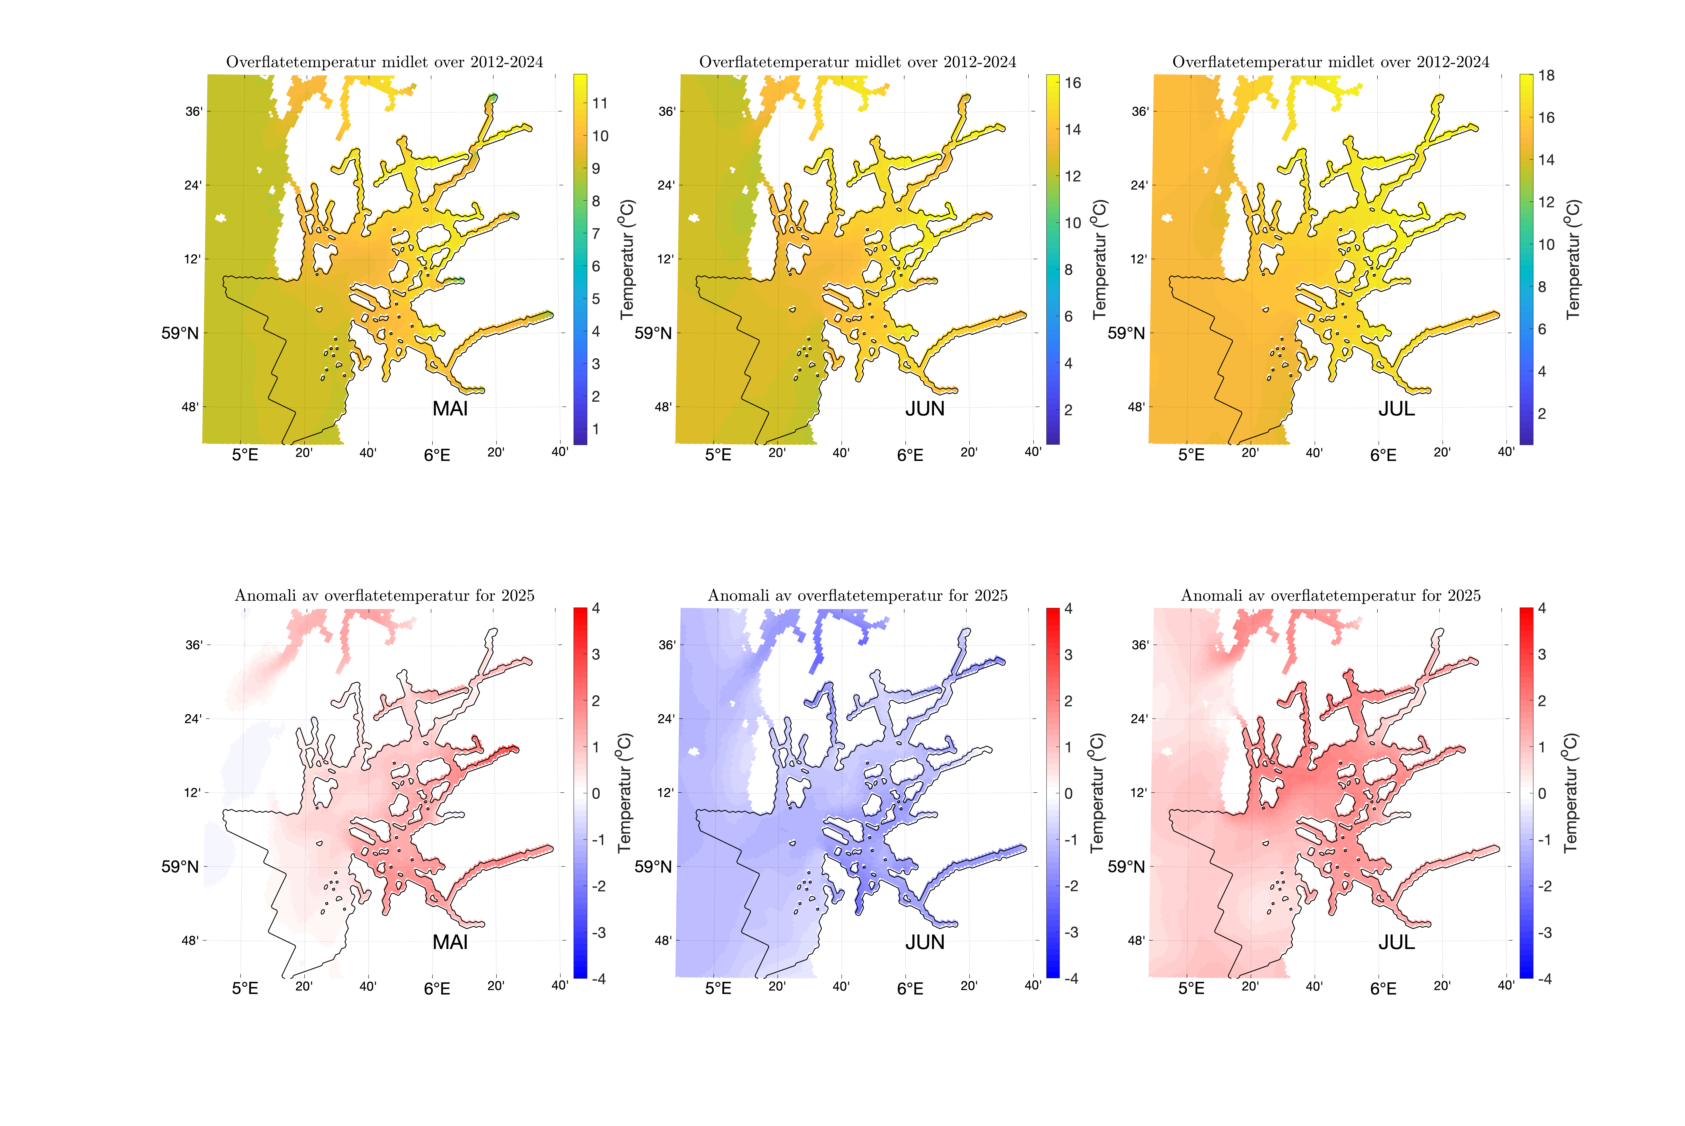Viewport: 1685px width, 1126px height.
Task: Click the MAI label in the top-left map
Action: [x=450, y=409]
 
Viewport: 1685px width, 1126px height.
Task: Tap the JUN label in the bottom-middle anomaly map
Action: [x=925, y=942]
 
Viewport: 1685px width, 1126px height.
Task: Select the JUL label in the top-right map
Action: [x=1396, y=409]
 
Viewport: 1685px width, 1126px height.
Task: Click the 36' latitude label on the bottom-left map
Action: [x=194, y=645]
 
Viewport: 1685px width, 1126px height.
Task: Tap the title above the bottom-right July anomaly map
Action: [x=1330, y=595]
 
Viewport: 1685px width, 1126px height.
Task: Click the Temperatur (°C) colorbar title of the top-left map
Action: [x=627, y=258]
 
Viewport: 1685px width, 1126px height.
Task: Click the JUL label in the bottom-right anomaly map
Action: [x=1396, y=942]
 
